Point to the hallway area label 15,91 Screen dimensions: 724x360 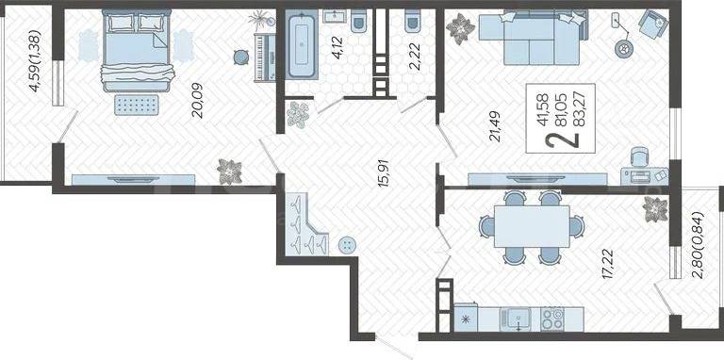click(x=385, y=172)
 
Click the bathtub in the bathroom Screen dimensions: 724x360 click(x=302, y=45)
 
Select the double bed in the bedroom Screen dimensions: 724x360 click(x=137, y=50)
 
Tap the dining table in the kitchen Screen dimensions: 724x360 click(x=531, y=227)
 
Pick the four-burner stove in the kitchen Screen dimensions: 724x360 click(x=552, y=319)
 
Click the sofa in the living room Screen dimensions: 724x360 click(x=534, y=39)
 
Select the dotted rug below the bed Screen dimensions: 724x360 click(x=136, y=106)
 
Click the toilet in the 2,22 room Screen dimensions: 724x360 click(x=412, y=22)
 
